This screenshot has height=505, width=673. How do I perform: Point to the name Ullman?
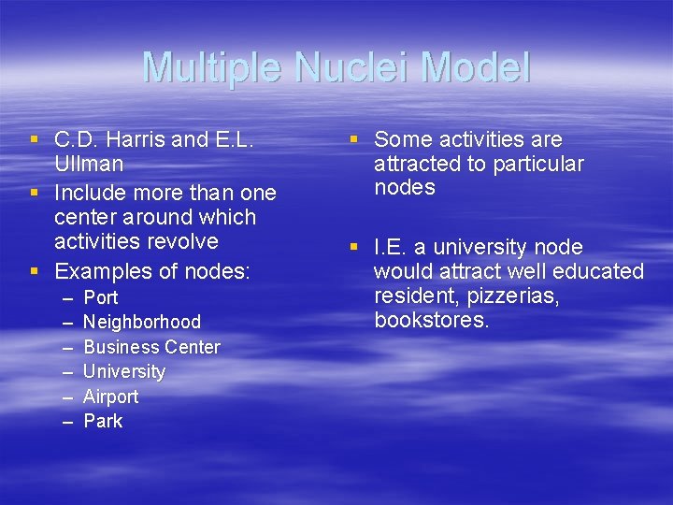pyautogui.click(x=89, y=164)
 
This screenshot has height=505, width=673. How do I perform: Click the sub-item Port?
pyautogui.click(x=101, y=297)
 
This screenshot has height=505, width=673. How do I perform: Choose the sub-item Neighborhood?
pyautogui.click(x=142, y=322)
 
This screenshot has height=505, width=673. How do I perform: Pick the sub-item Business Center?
pyautogui.click(x=151, y=347)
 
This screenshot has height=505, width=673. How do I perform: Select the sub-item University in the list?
pyautogui.click(x=124, y=371)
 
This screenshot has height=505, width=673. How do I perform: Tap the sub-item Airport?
pyautogui.click(x=110, y=397)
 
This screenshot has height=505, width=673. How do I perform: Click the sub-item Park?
pyautogui.click(x=103, y=421)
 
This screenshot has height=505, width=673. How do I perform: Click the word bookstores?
pyautogui.click(x=431, y=321)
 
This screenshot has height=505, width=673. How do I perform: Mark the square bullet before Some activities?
pyautogui.click(x=354, y=140)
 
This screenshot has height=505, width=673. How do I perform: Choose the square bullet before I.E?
pyautogui.click(x=354, y=248)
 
